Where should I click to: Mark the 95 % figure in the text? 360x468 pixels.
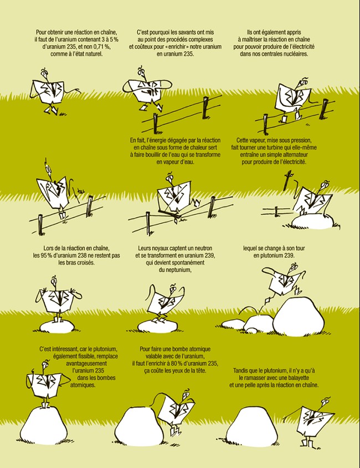click(x=49, y=255)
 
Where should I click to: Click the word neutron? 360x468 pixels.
click(x=203, y=248)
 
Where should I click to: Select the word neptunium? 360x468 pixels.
click(x=178, y=270)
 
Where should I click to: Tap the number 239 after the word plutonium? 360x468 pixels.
click(x=289, y=255)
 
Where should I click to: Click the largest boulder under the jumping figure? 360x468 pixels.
click(x=298, y=317)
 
